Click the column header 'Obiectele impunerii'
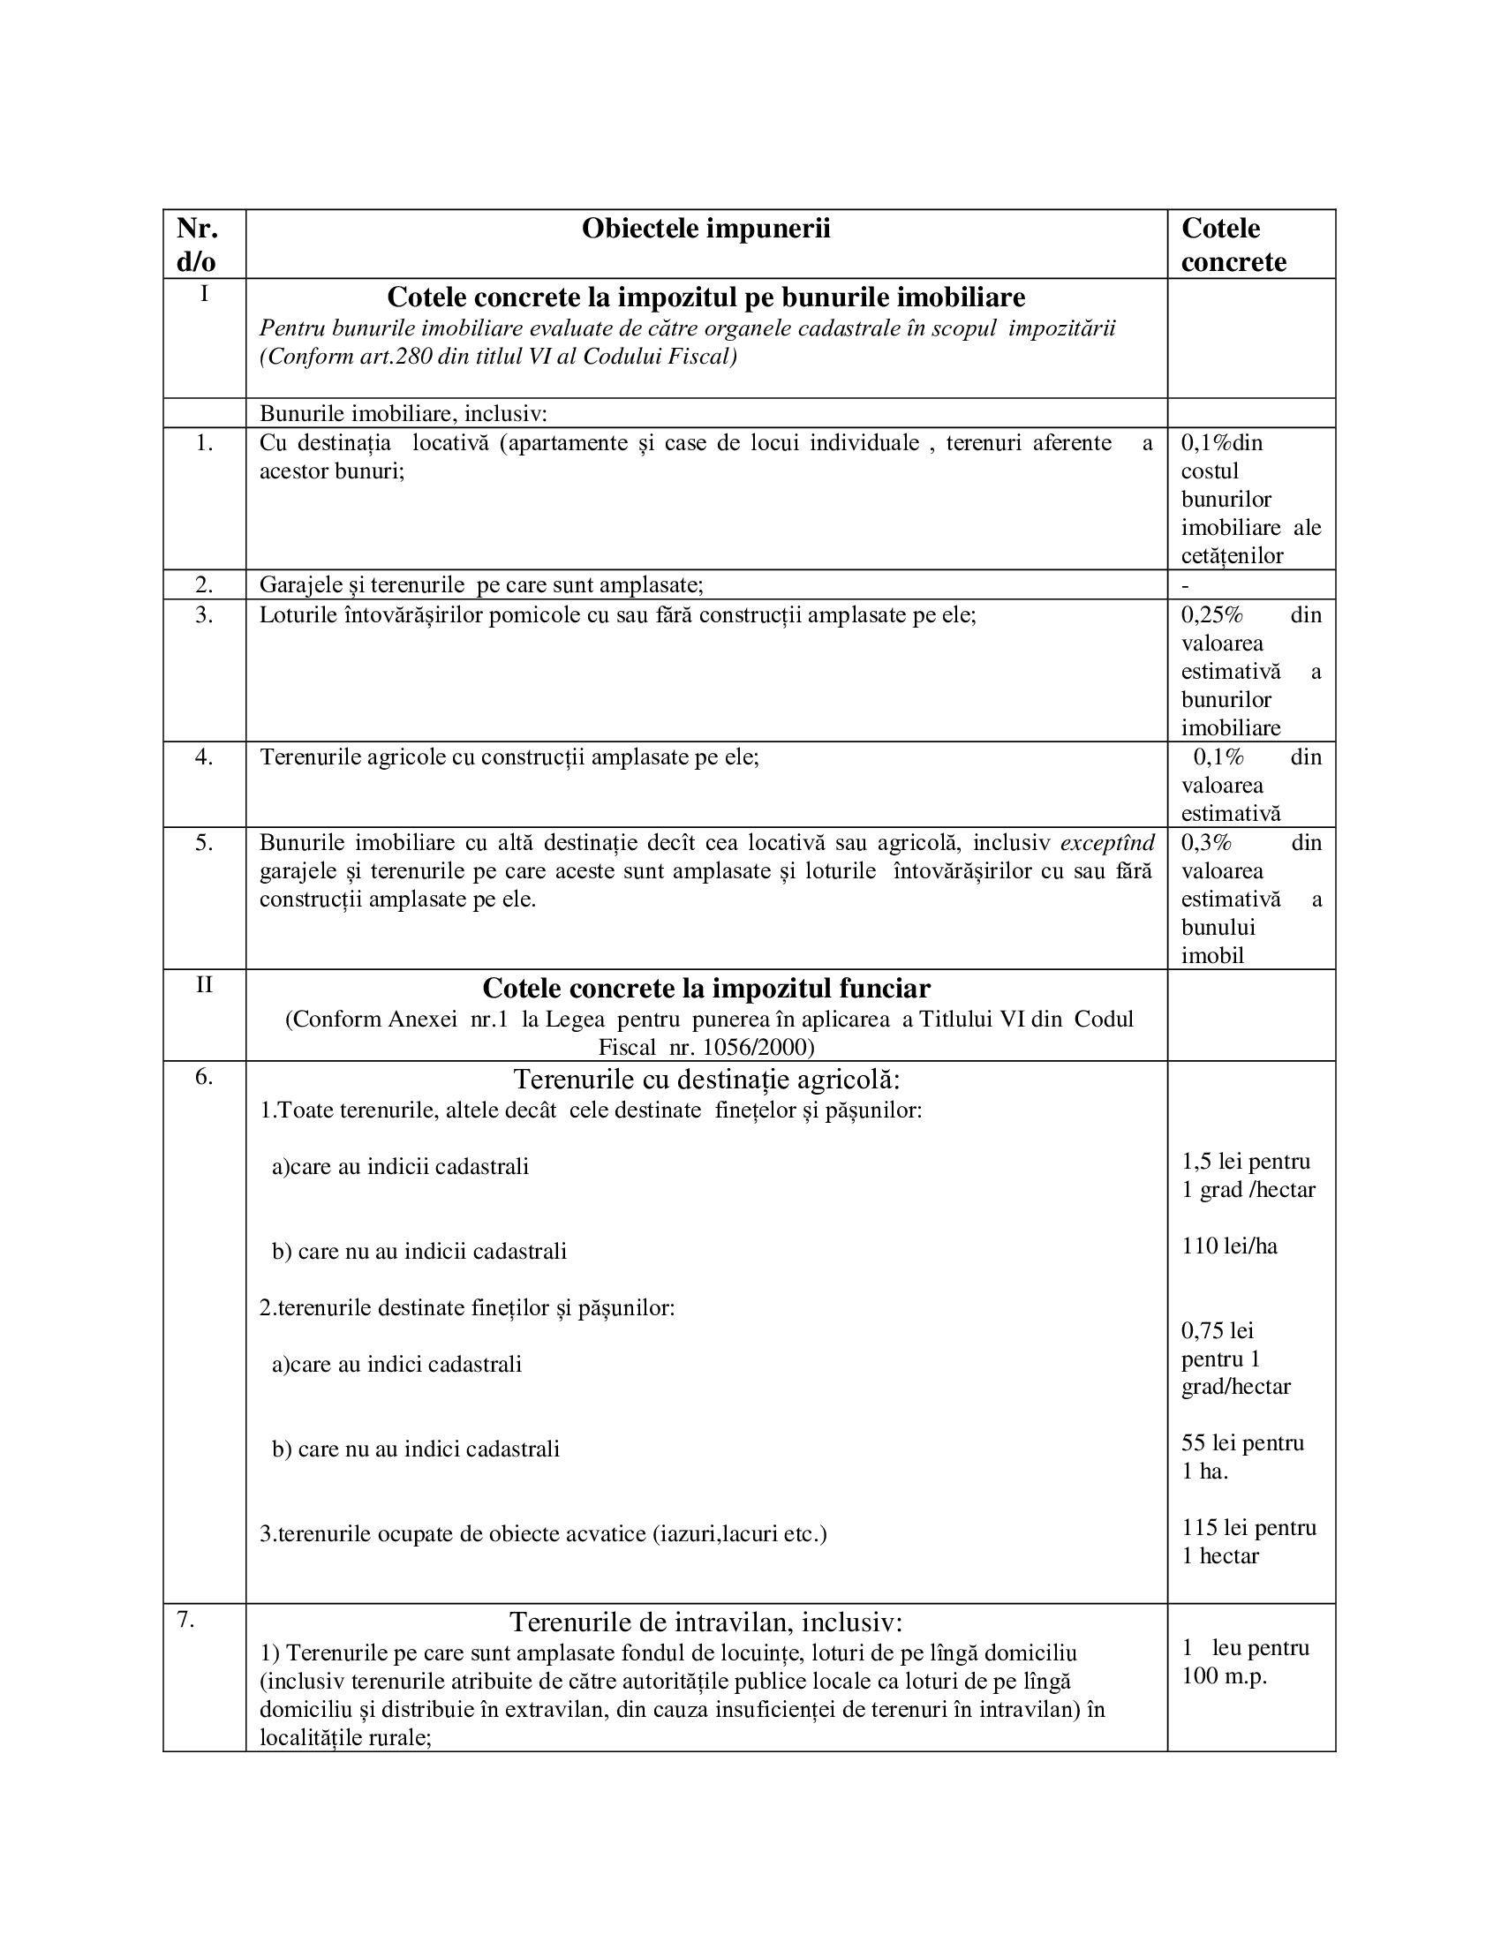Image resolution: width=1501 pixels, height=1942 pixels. tap(705, 230)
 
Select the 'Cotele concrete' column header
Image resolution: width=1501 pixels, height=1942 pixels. tap(1233, 245)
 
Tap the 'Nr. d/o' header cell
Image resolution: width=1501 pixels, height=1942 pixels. tap(198, 245)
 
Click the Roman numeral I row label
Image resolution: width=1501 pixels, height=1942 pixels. tap(204, 293)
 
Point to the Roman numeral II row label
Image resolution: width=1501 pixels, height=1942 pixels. tap(204, 985)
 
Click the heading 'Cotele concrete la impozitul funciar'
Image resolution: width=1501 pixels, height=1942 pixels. tap(706, 989)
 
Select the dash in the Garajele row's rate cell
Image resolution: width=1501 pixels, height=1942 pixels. tap(1185, 586)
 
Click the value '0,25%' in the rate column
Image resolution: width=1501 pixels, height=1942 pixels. tap(1211, 615)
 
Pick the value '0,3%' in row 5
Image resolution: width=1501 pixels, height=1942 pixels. tap(1206, 843)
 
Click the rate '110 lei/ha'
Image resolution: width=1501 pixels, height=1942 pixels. tap(1229, 1246)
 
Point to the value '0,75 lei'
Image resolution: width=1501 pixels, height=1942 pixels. tap(1218, 1331)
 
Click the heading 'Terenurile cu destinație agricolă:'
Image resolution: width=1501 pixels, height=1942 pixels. tap(706, 1080)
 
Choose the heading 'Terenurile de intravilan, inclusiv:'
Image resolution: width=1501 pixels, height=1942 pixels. tap(705, 1622)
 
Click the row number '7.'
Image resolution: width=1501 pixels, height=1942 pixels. tap(185, 1620)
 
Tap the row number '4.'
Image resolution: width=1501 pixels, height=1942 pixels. tap(204, 757)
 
